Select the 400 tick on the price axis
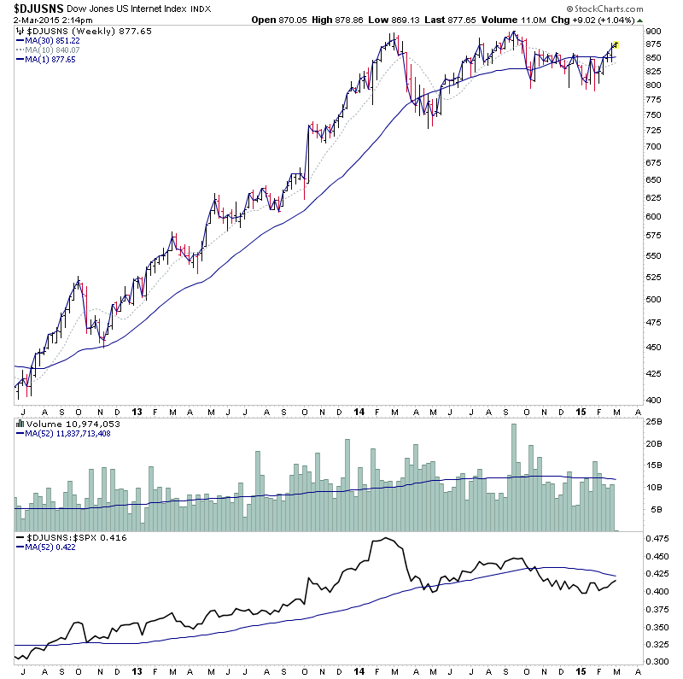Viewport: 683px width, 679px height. [653, 400]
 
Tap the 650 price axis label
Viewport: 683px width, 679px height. [653, 180]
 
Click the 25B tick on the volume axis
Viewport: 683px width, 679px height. [653, 420]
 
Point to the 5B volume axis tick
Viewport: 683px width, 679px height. [653, 510]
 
